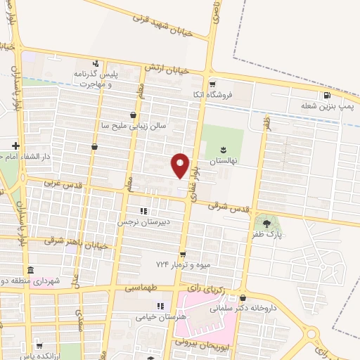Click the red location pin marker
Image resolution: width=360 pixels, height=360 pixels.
pyautogui.click(x=181, y=165)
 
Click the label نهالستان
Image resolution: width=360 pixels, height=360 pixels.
pyautogui.click(x=224, y=161)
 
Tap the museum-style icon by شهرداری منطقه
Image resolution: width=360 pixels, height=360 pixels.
pyautogui.click(x=30, y=271)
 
